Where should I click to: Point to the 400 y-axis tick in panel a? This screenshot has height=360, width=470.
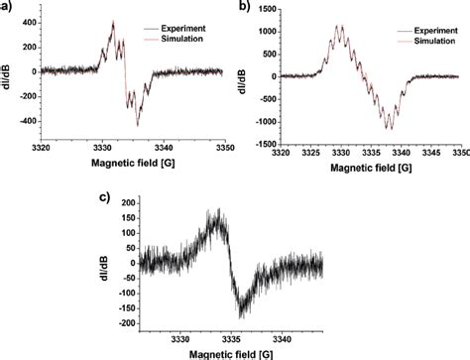(21, 23)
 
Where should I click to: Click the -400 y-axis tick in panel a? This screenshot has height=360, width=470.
(19, 120)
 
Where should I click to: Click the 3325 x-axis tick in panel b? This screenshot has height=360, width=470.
(309, 154)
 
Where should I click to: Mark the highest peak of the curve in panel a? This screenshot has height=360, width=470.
(113, 21)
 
